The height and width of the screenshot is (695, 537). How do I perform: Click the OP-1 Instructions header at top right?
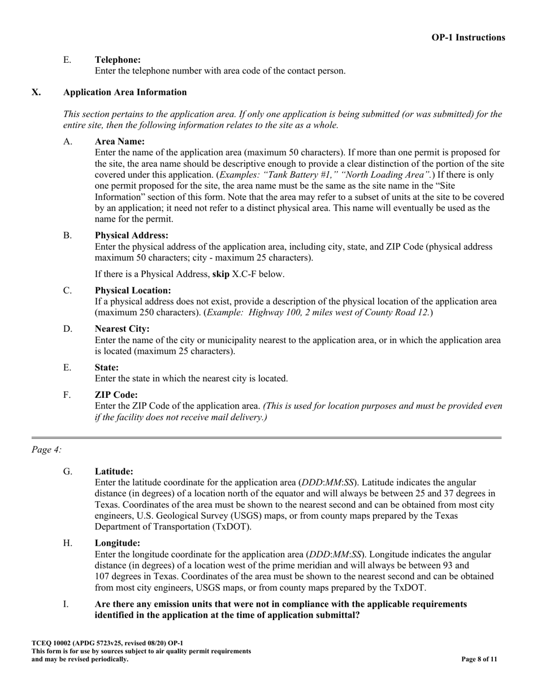(x=468, y=38)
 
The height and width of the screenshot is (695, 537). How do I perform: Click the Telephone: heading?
(x=118, y=60)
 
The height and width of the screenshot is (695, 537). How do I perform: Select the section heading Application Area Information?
(x=125, y=92)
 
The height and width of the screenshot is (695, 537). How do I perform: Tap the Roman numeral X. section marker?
(x=36, y=92)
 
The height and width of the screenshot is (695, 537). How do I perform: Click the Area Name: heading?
(x=119, y=142)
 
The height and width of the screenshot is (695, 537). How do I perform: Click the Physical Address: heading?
(x=131, y=236)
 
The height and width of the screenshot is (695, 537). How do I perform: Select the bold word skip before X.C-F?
(x=221, y=275)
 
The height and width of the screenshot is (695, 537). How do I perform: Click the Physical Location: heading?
(x=132, y=290)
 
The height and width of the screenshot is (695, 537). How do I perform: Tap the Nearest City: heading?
(x=122, y=329)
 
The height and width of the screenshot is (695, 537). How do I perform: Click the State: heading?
(x=106, y=368)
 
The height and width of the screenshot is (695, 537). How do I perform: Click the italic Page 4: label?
(x=46, y=450)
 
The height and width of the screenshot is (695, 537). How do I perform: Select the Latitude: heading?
(x=114, y=471)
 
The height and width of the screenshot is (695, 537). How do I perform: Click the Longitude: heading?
(x=117, y=544)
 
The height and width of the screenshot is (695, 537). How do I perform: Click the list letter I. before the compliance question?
(x=66, y=604)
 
